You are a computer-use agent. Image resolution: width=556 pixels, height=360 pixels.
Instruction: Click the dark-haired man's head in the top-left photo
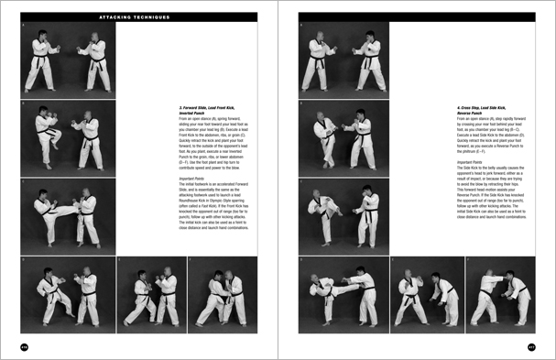(93, 38)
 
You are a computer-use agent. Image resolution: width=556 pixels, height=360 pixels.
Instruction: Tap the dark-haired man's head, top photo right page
(370, 38)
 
